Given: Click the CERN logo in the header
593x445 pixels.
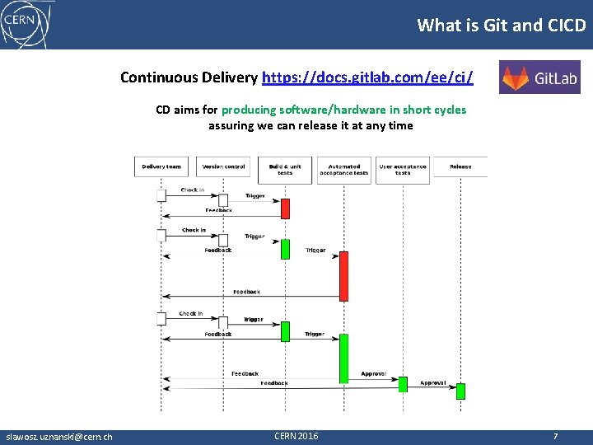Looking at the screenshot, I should click(25, 24).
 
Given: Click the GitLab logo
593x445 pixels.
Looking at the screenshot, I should click(539, 78).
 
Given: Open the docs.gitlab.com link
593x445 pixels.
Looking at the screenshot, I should click(367, 77).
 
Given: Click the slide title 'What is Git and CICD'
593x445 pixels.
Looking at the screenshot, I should click(502, 25).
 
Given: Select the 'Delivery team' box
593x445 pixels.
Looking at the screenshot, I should click(161, 167).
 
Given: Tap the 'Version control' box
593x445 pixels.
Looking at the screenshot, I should click(223, 167).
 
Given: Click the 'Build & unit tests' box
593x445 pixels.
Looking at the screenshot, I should click(285, 170).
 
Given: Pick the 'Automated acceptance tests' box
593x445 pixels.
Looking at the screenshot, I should click(343, 170).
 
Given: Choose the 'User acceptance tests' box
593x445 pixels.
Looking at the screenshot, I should click(402, 170).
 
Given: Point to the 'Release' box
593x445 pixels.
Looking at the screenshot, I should click(460, 167).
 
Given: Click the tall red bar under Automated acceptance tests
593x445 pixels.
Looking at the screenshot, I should click(343, 274).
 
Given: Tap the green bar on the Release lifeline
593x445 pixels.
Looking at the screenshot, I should click(460, 391).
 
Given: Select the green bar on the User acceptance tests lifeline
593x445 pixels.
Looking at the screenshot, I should click(403, 384).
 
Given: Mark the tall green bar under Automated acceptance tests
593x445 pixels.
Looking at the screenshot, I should click(343, 358).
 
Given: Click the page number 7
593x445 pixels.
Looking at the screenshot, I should click(556, 436).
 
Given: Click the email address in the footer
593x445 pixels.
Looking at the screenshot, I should click(59, 437).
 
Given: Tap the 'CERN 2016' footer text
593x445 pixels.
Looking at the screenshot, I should click(296, 436).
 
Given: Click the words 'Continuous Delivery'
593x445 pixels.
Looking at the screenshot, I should click(189, 77).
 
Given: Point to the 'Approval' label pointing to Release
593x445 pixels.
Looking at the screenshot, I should click(433, 383).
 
